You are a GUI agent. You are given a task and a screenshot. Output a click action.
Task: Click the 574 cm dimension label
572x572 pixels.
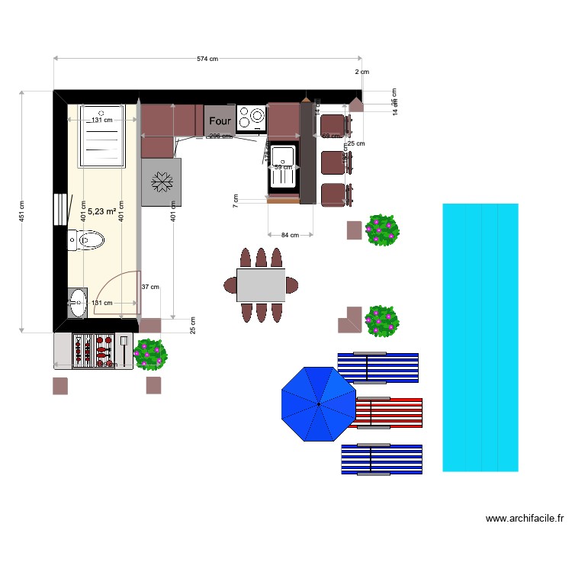point(207,59)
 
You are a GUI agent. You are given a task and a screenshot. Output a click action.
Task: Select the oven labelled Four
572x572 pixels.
point(220,121)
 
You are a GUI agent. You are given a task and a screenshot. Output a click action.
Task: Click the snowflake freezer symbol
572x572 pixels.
point(161,182)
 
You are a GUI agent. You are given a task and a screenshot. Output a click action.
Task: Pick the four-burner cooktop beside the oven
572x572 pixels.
point(251,117)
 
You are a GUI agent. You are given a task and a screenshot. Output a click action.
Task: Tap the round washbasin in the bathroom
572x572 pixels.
point(78,303)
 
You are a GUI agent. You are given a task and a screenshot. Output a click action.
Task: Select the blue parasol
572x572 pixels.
point(319,404)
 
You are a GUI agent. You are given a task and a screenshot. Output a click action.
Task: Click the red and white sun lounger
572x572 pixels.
point(388,413)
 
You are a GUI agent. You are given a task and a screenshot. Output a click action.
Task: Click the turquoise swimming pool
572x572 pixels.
point(480,337)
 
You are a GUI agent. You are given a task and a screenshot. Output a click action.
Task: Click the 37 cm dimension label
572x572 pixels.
point(150,287)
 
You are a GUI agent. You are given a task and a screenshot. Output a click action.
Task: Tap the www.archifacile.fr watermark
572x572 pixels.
point(525,519)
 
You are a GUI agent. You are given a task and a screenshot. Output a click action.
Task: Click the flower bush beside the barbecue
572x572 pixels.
point(150,354)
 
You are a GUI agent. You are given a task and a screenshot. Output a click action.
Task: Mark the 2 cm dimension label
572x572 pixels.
point(362,72)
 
